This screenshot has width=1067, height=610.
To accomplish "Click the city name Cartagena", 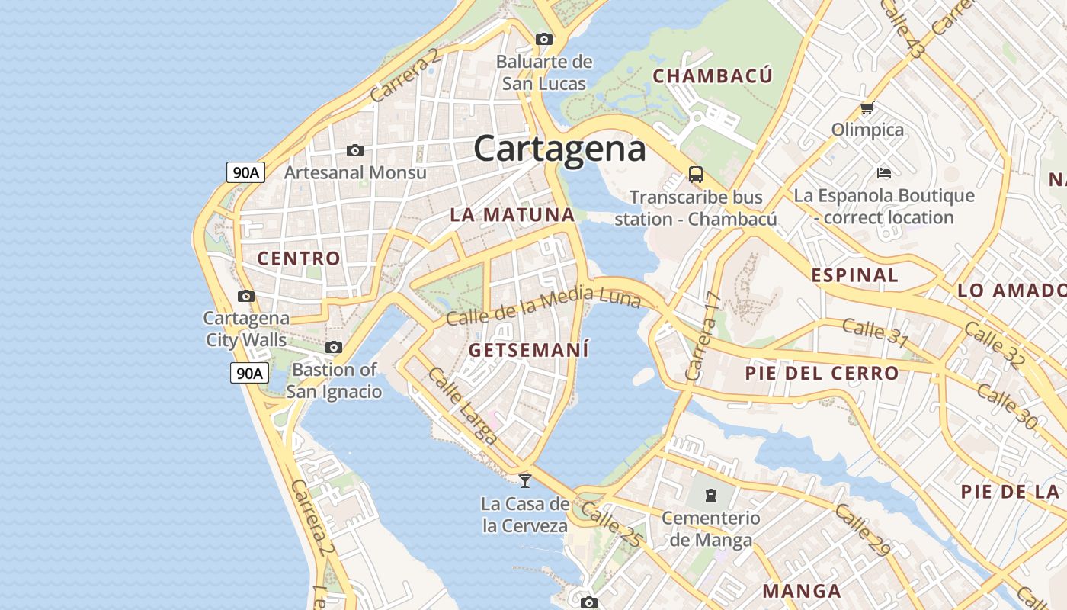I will (559, 149).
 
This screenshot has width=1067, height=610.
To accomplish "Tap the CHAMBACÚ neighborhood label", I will (713, 76).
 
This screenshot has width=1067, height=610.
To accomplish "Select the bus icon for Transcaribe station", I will (696, 174).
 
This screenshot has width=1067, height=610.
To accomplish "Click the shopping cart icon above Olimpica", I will (867, 108).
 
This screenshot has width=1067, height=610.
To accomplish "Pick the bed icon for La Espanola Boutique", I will (884, 172).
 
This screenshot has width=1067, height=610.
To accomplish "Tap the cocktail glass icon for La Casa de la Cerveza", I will (525, 480).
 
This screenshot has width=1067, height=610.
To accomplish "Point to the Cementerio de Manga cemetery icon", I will (711, 496).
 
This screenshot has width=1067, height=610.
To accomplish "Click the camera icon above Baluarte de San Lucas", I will (543, 39).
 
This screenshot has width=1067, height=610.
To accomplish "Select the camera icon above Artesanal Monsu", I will (354, 151).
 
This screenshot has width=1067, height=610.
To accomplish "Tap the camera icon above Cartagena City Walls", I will (245, 296).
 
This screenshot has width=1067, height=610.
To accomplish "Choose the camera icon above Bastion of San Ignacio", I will (334, 348).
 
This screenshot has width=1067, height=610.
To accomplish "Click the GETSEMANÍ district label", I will (529, 351).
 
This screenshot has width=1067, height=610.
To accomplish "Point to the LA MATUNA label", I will (512, 215).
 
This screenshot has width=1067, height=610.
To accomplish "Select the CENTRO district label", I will (299, 258).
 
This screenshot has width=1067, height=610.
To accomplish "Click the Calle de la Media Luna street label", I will (543, 305).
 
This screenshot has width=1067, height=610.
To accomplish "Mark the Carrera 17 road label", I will (703, 335).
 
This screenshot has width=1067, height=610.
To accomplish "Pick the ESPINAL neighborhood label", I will (855, 275).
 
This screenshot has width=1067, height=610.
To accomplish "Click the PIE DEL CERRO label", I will (822, 374).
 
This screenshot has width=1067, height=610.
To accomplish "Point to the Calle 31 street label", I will (875, 332).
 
